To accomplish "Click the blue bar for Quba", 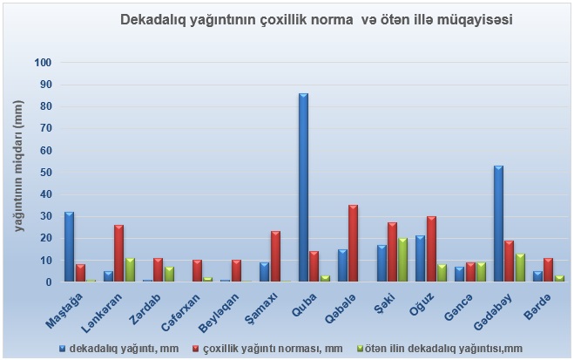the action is pos(303,187).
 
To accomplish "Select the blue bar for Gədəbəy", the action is pos(498,223).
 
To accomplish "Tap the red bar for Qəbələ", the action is pos(354,243).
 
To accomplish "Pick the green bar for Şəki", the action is pos(402,260).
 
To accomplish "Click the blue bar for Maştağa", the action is pos(69,247).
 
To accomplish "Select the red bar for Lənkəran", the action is pos(119,253).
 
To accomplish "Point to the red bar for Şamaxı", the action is pos(275,256).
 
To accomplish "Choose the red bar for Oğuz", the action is pos(432,248).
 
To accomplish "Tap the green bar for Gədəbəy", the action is pos(520,268).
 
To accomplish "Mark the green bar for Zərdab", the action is pos(169,274).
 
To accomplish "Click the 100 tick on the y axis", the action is pos(43,63).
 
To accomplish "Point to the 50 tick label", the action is pos(45,173).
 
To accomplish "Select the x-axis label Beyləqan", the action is pos(219,314).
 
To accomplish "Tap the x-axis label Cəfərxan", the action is pos(181,313).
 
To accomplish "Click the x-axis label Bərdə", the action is pos(537,307).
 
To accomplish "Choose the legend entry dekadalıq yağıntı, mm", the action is pos(119,349).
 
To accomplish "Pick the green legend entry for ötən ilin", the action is pos(440,349).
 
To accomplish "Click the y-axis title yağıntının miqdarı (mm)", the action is pos(19,166).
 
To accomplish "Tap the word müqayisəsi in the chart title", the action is pos(475,20).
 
